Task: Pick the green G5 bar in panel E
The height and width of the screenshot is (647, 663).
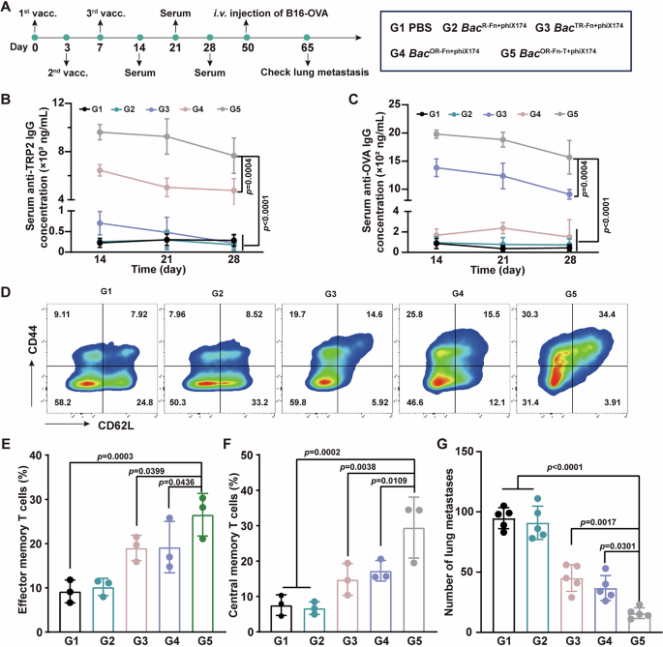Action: pyautogui.click(x=227, y=569)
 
